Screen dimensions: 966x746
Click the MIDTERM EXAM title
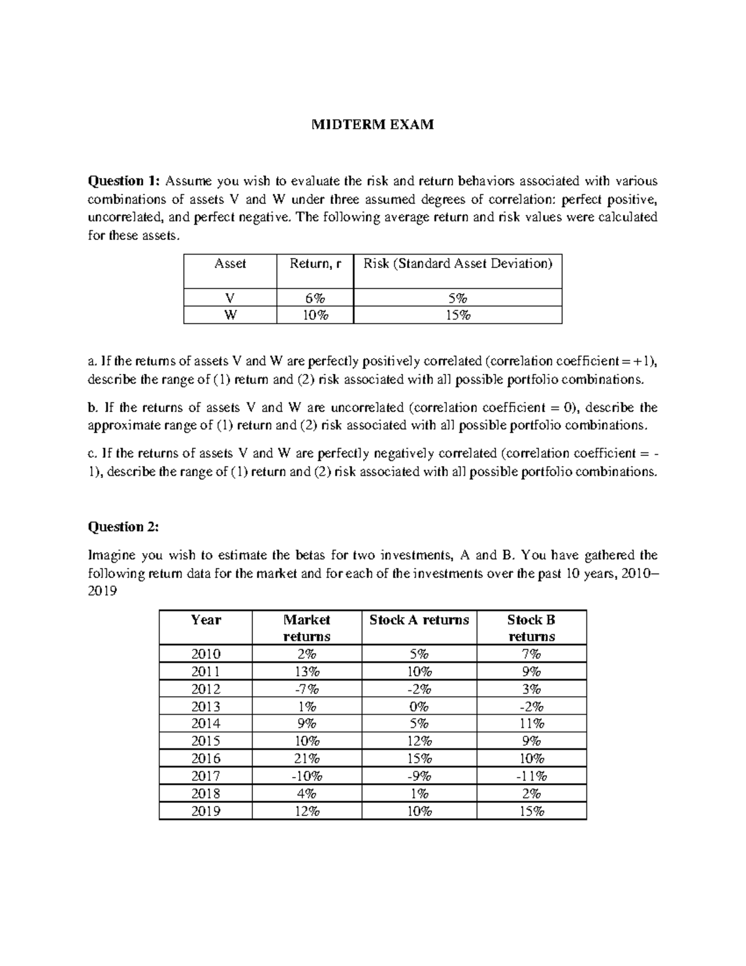pyautogui.click(x=372, y=125)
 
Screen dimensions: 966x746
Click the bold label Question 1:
pyautogui.click(x=124, y=181)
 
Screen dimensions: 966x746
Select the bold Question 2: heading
pyautogui.click(x=124, y=527)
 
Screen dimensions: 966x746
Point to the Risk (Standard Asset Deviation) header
pyautogui.click(x=458, y=264)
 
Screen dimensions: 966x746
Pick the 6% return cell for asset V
pyautogui.click(x=315, y=298)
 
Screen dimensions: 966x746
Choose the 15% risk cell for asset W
pyautogui.click(x=458, y=315)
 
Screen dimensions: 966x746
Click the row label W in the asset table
pyautogui.click(x=230, y=315)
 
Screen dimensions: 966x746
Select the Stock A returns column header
pyautogui.click(x=419, y=620)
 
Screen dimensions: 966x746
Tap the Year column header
pyautogui.click(x=206, y=620)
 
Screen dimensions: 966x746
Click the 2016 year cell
pyautogui.click(x=206, y=759)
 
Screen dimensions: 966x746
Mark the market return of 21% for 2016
pyautogui.click(x=306, y=759)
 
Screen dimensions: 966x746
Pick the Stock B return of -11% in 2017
pyautogui.click(x=532, y=776)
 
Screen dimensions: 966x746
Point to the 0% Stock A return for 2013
pyautogui.click(x=419, y=707)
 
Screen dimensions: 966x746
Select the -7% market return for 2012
pyautogui.click(x=306, y=689)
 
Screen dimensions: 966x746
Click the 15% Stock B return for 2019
pyautogui.click(x=532, y=811)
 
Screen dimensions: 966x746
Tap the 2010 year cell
pyautogui.click(x=206, y=654)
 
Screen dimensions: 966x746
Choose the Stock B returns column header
pyautogui.click(x=532, y=628)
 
